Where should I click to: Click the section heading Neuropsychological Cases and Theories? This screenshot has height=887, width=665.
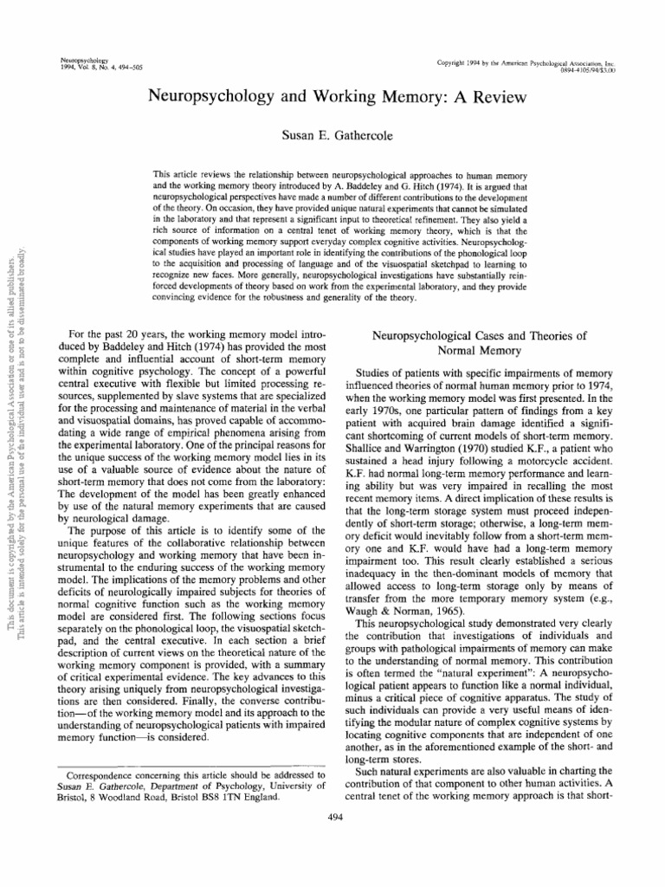pos(478,334)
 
